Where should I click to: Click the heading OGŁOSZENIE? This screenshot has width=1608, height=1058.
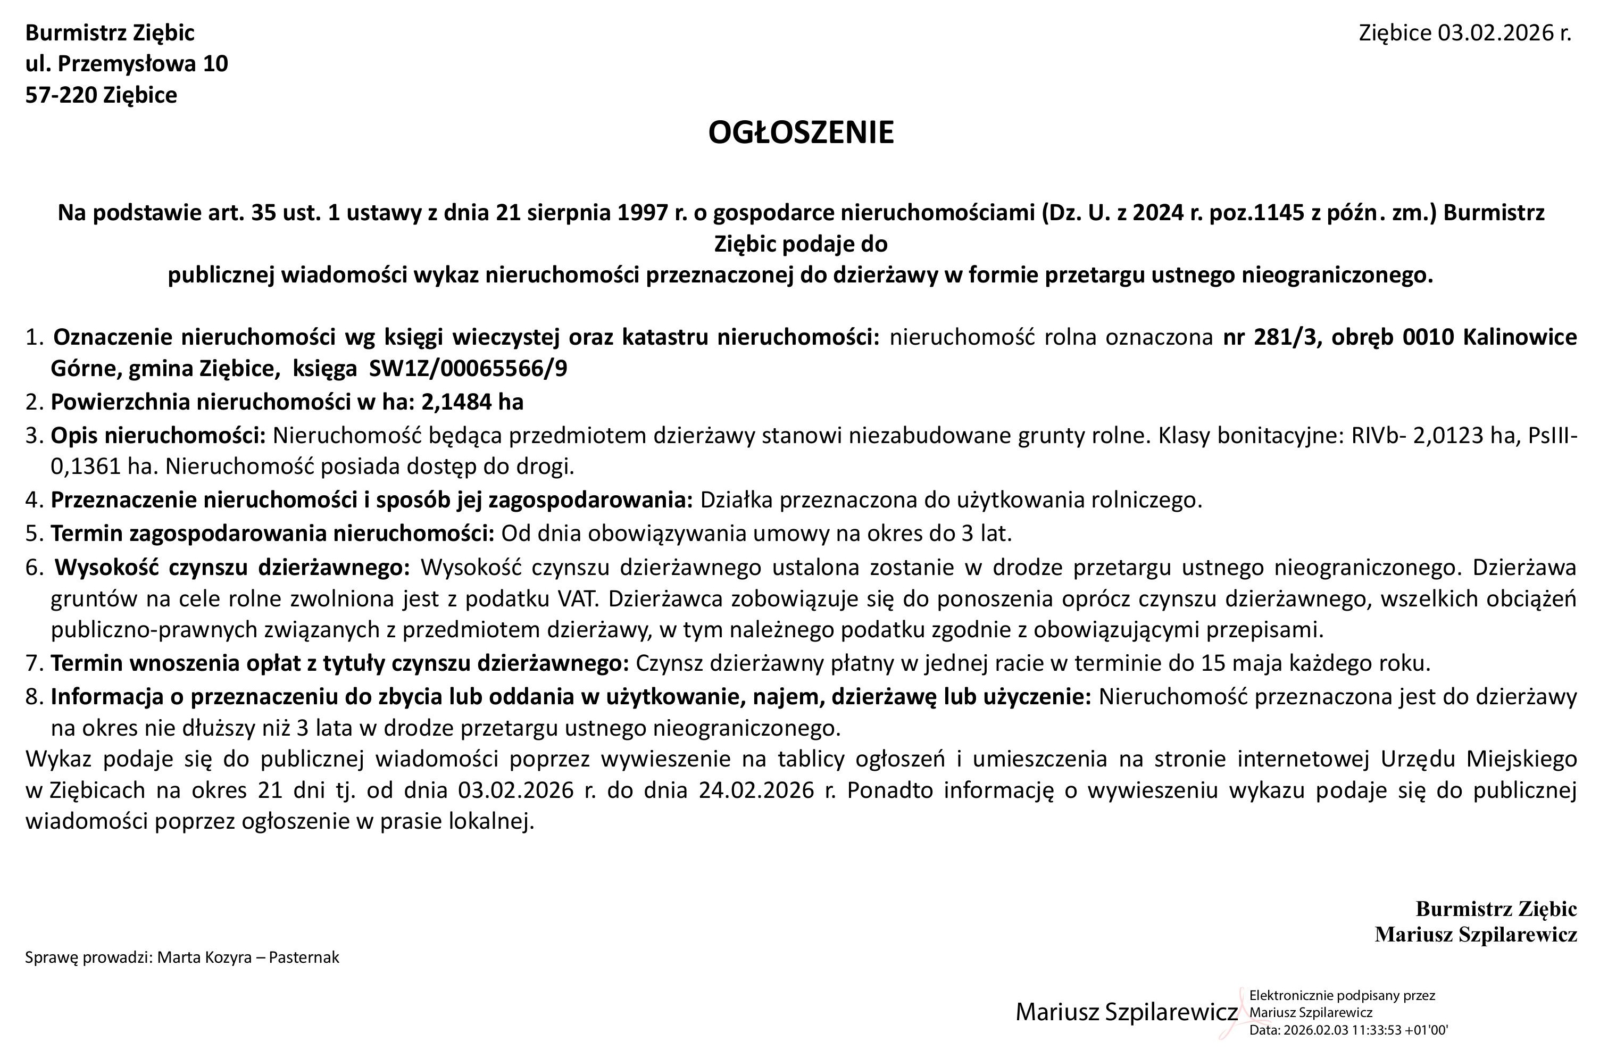(801, 132)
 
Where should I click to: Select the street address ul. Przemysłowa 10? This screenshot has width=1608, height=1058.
(127, 63)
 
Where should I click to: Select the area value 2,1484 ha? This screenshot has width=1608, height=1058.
(472, 402)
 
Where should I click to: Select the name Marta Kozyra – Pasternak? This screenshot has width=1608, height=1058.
(248, 957)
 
